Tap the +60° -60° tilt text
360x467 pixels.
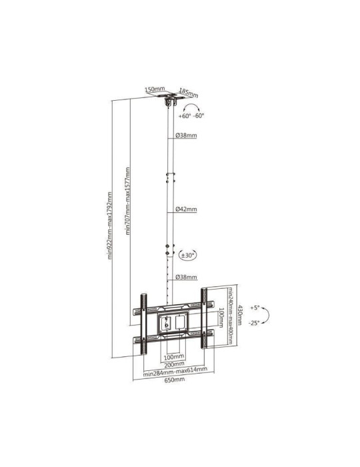191,115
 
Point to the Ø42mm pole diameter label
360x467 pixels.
186,209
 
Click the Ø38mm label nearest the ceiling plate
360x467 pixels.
186,135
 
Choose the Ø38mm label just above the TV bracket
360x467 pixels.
186,277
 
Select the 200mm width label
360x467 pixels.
172,365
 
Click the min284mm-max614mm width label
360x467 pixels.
175,372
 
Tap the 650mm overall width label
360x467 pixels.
175,381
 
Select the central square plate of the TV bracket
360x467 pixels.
171,322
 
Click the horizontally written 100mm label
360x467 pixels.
171,357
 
